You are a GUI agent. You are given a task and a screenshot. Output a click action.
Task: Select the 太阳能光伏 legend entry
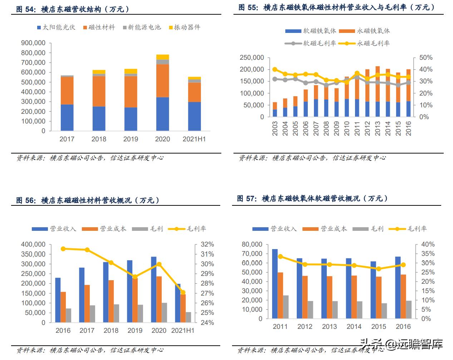(x=56, y=27)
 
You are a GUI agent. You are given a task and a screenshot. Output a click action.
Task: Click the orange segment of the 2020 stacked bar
(x=162, y=81)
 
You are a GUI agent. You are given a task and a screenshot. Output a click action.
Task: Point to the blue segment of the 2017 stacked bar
(x=67, y=117)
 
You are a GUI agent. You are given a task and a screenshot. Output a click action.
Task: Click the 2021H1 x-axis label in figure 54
(x=194, y=139)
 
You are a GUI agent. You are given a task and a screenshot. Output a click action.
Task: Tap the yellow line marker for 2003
(x=275, y=69)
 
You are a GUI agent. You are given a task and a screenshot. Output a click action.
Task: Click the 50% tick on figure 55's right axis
(x=425, y=58)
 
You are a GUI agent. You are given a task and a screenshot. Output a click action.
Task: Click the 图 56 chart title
(x=88, y=200)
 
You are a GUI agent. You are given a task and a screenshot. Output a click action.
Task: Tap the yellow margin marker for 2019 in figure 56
(x=135, y=277)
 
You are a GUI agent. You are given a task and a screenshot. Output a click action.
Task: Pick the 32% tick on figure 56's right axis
(x=207, y=244)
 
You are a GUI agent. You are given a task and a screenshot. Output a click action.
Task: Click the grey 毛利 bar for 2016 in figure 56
(x=68, y=315)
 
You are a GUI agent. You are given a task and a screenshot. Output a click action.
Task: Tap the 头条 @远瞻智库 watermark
(x=401, y=345)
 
